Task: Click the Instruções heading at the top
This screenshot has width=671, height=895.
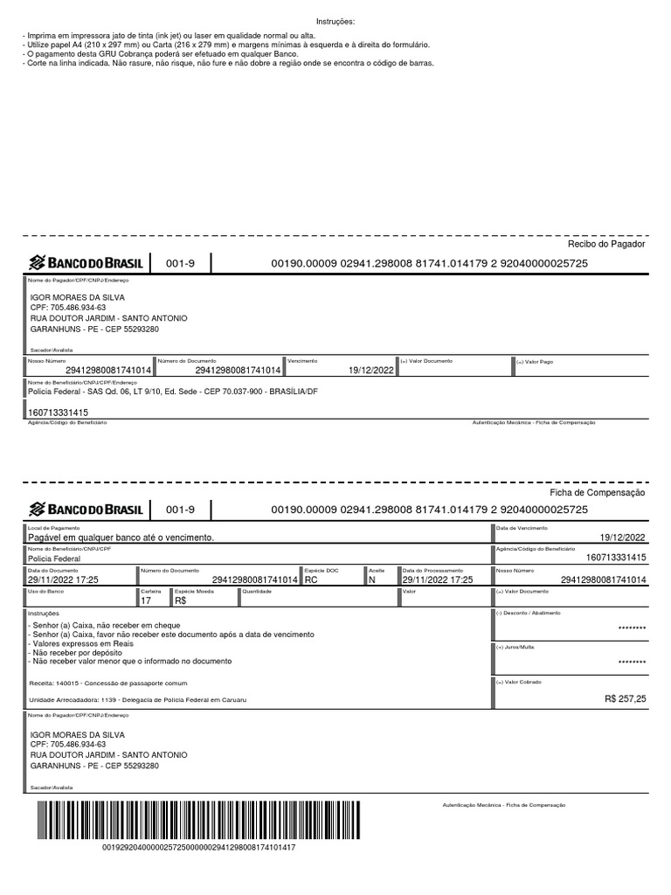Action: (x=335, y=21)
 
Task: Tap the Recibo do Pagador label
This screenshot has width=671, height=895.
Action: (x=606, y=244)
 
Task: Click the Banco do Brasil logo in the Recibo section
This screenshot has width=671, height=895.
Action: (x=86, y=263)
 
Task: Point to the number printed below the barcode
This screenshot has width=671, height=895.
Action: (x=198, y=848)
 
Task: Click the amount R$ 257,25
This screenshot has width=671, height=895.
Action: (x=625, y=699)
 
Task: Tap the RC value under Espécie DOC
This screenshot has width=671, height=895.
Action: (x=311, y=579)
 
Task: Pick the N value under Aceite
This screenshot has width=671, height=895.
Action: (x=372, y=579)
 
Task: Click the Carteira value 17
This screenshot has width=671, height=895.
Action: (x=146, y=601)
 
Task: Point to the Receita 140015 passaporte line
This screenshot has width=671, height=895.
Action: (x=107, y=683)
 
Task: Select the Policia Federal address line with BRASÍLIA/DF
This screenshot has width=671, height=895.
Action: (x=167, y=392)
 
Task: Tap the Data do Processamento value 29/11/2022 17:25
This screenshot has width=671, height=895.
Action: (x=437, y=579)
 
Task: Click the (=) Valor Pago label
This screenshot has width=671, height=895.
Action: (x=535, y=361)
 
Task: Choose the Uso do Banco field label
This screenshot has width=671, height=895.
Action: (x=43, y=592)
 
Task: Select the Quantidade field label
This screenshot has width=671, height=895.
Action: (x=256, y=592)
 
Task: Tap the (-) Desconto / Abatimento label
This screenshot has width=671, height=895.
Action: (x=528, y=613)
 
